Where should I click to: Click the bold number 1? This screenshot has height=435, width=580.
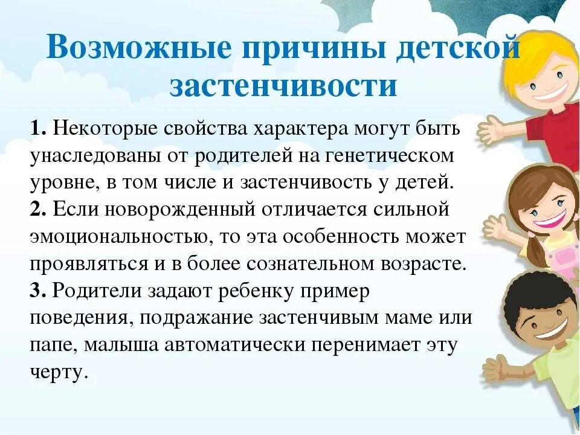click(x=37, y=129)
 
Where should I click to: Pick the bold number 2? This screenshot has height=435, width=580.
click(x=37, y=209)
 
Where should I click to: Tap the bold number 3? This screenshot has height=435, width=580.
click(x=37, y=291)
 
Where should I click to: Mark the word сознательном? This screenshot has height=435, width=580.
click(x=335, y=263)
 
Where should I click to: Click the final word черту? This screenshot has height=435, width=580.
click(x=59, y=372)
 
